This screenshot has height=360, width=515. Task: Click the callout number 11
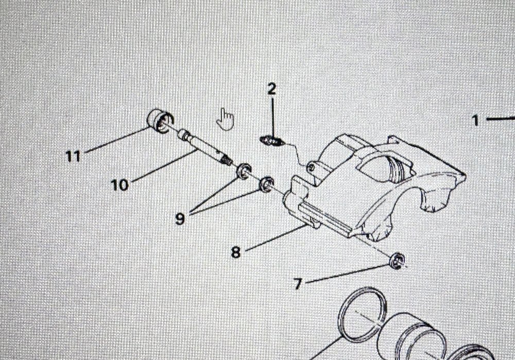[x=73, y=155]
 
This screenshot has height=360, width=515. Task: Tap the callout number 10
[x=119, y=184]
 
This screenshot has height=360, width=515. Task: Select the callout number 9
[x=180, y=218]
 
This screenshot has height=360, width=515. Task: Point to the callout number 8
[x=235, y=252]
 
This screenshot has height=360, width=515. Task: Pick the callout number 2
[x=271, y=89]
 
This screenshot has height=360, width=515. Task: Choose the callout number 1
[x=475, y=121]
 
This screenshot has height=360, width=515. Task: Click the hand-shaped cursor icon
[x=225, y=119]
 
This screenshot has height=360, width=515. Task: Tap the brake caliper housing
[x=371, y=185]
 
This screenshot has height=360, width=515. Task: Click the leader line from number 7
[x=350, y=273]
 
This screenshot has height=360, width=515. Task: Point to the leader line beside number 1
[x=501, y=119]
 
